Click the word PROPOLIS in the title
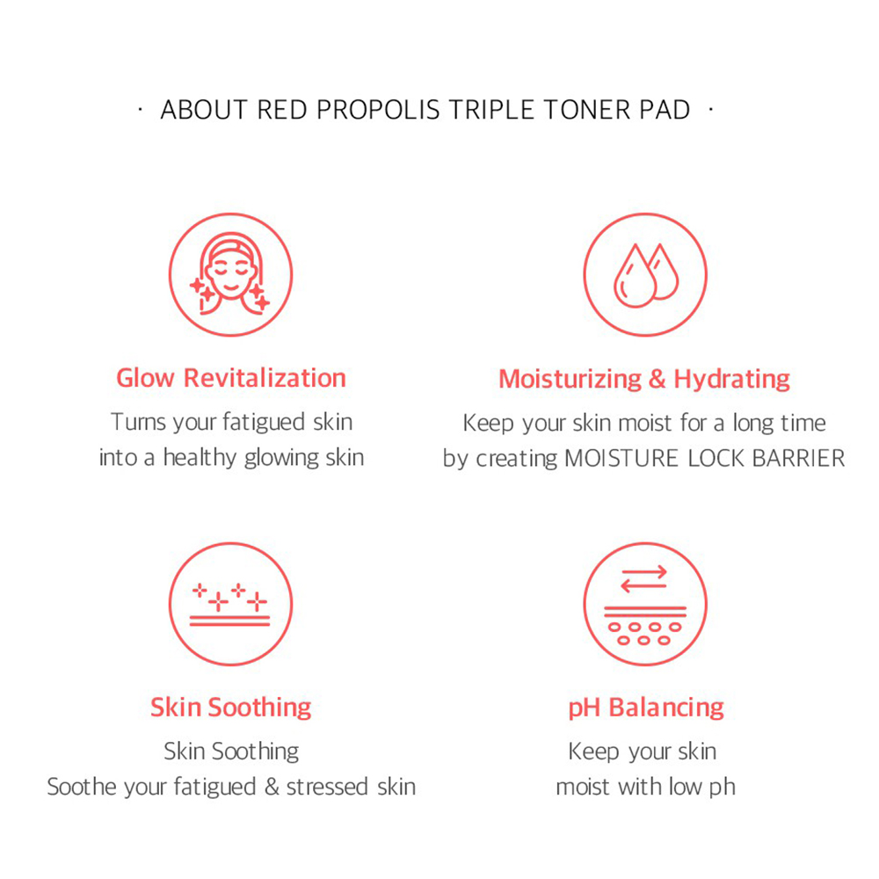378,110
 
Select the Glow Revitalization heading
231,378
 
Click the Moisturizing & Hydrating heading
644,380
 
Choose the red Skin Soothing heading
231,708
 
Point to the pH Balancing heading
646,708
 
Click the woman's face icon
230,274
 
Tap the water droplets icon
646,275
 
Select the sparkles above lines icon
229,605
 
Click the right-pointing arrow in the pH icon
644,572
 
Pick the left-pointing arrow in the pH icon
643,585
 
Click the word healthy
200,457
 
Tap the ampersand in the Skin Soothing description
272,787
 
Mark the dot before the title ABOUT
140,110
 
